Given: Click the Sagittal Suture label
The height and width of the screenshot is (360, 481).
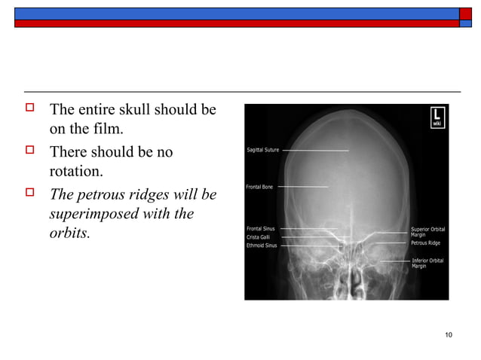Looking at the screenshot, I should click(263, 150).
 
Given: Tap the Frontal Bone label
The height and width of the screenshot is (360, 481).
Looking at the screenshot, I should click(259, 187).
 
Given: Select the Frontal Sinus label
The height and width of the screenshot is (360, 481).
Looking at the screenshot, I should click(261, 228).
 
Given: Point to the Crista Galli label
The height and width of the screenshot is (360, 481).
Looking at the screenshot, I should click(259, 236).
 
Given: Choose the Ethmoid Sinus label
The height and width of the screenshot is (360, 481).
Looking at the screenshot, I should click(262, 245).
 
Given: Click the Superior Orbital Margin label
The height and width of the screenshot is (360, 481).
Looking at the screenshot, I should click(427, 231).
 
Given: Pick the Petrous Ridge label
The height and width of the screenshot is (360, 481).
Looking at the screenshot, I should click(425, 243).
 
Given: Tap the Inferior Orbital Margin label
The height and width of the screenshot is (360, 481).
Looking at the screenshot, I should click(427, 263).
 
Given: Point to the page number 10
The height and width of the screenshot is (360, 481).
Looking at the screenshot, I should click(449, 334).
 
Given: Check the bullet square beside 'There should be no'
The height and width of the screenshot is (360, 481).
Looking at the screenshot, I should click(31, 152).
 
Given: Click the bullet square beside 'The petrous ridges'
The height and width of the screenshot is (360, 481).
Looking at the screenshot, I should click(31, 194).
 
